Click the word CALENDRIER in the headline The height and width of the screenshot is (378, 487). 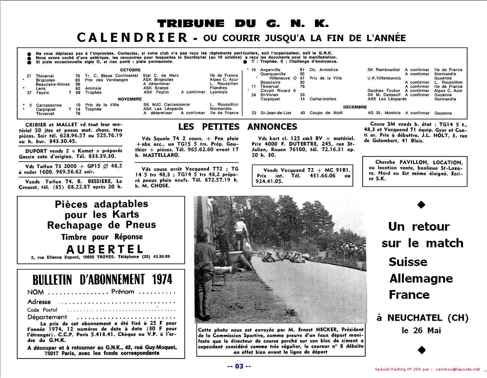coord(132,38)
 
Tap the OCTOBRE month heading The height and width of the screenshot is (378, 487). coord(130,70)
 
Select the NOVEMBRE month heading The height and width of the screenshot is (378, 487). coord(130,99)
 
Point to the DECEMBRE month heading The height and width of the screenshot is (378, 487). coord(355,107)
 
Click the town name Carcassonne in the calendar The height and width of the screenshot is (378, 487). coord(49,105)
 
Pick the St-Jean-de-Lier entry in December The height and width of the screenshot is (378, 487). coord(276,113)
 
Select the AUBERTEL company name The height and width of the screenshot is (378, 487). coord(105,249)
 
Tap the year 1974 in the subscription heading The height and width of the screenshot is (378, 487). coord(162,280)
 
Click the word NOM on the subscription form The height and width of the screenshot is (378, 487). coord(36,292)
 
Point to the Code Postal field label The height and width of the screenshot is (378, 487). coord(42,310)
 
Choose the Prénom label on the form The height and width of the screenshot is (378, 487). coord(122,292)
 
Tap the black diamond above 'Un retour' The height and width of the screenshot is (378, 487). coord(421,204)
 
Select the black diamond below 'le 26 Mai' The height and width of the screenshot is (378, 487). coord(421,350)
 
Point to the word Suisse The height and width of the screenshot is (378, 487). coord(408,262)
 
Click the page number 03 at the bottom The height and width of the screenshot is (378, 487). coord(239,366)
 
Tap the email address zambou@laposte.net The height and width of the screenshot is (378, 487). coord(457,369)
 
